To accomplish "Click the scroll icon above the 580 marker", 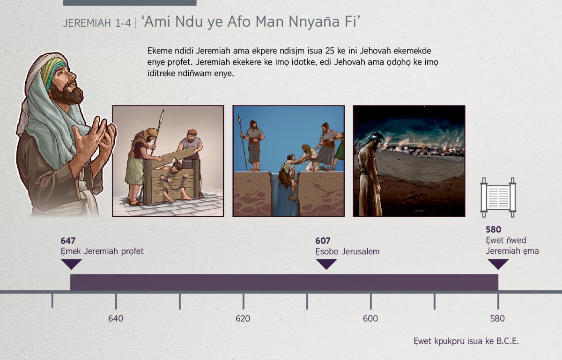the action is pyautogui.click(x=498, y=198).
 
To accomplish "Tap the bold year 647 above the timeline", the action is pyautogui.click(x=68, y=241).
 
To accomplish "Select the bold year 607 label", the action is pyautogui.click(x=323, y=241).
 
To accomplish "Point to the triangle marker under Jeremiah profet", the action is pyautogui.click(x=71, y=264).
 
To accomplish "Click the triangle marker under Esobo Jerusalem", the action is pyautogui.click(x=326, y=264).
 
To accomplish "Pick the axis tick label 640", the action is pyautogui.click(x=116, y=319).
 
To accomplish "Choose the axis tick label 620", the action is pyautogui.click(x=243, y=319).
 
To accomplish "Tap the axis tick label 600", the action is pyautogui.click(x=370, y=319).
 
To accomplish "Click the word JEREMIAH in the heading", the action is pyautogui.click(x=87, y=23).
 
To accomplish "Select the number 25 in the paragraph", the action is pyautogui.click(x=330, y=51).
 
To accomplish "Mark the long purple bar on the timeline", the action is pyautogui.click(x=284, y=282).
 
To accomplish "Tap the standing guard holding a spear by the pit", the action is pyautogui.click(x=254, y=146).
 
